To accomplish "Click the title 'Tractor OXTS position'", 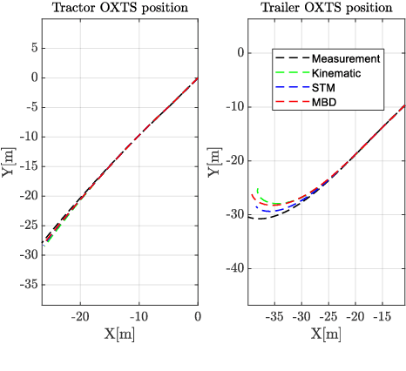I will [x=119, y=9].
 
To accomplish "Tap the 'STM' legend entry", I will [x=324, y=88].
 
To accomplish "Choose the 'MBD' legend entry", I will [x=325, y=103].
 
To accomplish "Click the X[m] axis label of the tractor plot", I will [x=118, y=334].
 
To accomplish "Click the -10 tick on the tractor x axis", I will [x=139, y=315].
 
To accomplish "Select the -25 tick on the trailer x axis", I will [x=328, y=315].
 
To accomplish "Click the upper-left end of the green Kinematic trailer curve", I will [x=258, y=187].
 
